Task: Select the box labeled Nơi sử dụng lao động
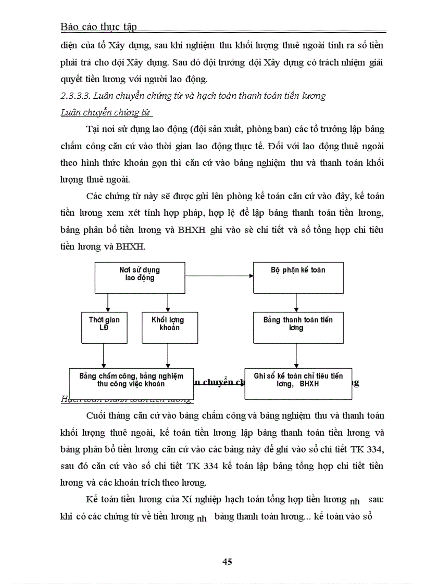(x=139, y=277)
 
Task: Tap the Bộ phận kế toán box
(x=298, y=277)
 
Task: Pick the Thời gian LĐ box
(x=104, y=327)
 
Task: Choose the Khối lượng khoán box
(x=167, y=327)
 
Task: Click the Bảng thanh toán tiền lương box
(x=298, y=327)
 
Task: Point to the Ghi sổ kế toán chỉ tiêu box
(x=298, y=384)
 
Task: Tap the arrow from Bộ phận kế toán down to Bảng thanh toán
(x=296, y=303)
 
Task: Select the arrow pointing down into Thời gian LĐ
(x=107, y=302)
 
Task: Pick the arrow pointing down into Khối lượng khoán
(x=167, y=302)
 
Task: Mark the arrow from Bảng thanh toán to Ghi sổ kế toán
(x=296, y=356)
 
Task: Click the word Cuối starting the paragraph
(x=96, y=416)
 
